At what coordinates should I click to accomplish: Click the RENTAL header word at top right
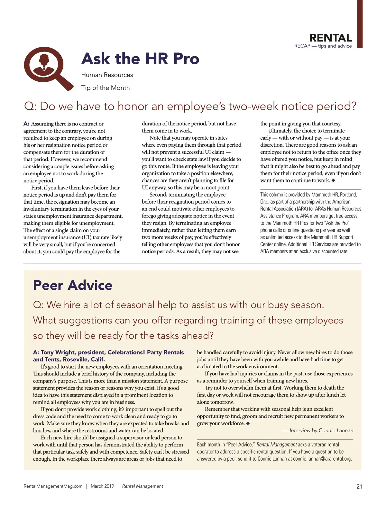pos(330,38)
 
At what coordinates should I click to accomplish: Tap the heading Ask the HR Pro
pos(140,59)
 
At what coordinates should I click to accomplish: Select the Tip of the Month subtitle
pos(106,88)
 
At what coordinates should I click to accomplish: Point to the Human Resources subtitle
pos(107,75)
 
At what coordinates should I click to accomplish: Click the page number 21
pos(359,486)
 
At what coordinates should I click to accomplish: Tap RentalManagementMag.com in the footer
pos(53,486)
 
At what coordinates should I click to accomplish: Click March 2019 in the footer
pos(102,486)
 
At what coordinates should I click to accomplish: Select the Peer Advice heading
pos(73,285)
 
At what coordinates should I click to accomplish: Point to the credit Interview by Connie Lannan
pos(321,430)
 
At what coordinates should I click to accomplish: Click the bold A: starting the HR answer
pos(26,124)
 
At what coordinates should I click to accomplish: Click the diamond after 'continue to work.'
pos(333,180)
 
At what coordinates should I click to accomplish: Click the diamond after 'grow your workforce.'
pos(248,423)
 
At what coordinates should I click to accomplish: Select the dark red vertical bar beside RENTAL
pos(359,24)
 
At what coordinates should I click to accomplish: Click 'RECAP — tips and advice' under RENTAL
pos(323,46)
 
